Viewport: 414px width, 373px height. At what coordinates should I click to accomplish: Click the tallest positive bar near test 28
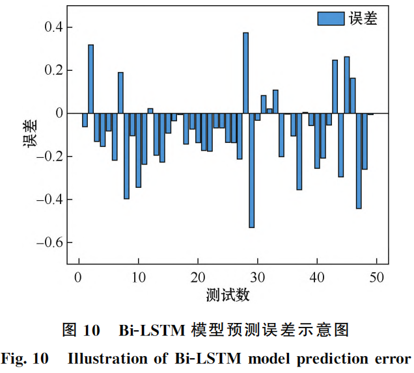click(246, 73)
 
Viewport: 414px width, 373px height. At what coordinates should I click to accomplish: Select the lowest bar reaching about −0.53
click(252, 170)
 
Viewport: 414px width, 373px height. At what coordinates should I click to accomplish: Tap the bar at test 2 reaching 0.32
click(91, 79)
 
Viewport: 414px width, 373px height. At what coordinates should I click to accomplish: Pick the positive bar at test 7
click(120, 93)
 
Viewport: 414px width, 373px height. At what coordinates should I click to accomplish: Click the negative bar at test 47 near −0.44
click(359, 161)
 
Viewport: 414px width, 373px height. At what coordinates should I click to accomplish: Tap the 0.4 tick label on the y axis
click(50, 27)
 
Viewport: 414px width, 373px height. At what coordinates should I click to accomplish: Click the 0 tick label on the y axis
click(58, 113)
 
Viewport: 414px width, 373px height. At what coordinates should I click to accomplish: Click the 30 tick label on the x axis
click(257, 277)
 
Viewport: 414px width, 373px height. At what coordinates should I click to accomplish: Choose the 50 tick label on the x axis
click(377, 277)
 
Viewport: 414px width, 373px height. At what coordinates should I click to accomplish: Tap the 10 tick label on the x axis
click(138, 277)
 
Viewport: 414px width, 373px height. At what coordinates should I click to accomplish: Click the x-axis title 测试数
click(227, 296)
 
